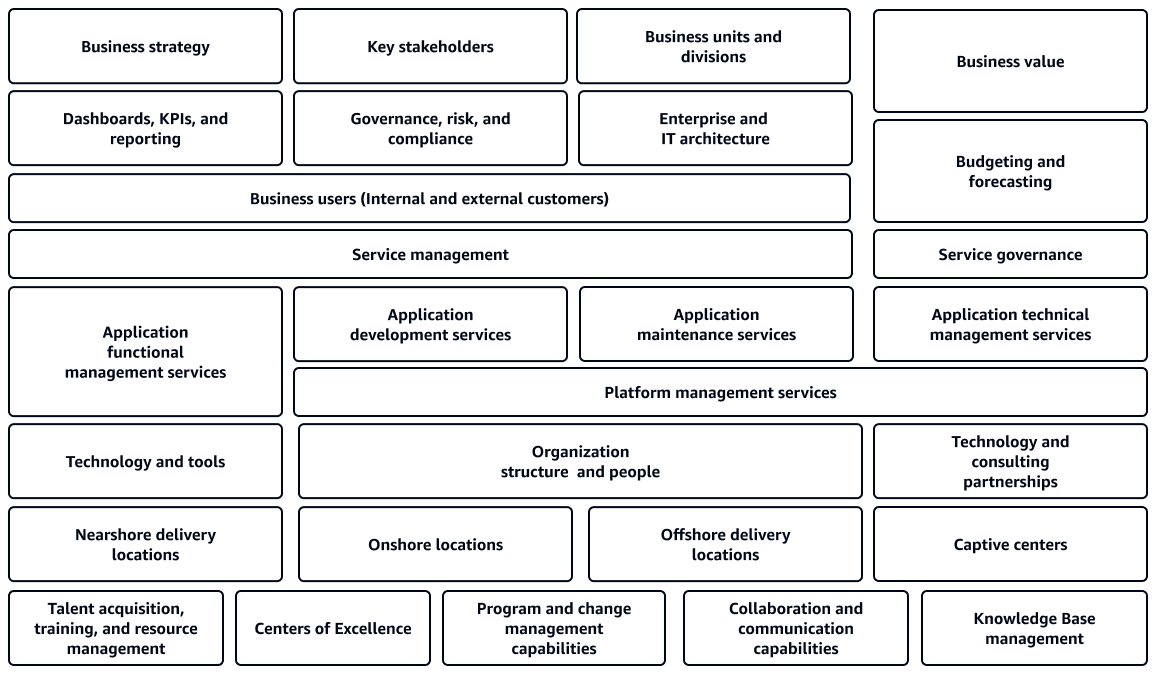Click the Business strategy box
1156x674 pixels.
click(145, 46)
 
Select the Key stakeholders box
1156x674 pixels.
click(431, 46)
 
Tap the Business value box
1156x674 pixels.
click(1010, 61)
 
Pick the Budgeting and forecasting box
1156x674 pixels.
click(1010, 171)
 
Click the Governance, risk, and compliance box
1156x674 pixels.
click(431, 128)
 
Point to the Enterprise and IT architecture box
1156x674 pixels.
click(715, 128)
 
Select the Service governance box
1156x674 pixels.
click(1010, 254)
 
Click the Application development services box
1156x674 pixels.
click(431, 324)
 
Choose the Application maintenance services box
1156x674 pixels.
click(717, 324)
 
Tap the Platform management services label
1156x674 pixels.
click(720, 392)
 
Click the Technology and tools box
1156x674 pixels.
click(145, 462)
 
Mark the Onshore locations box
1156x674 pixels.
click(436, 544)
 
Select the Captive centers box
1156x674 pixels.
click(1010, 544)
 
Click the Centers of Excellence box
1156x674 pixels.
click(333, 628)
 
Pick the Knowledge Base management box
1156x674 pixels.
click(1034, 628)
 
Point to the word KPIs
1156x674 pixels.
click(175, 119)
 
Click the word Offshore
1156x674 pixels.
click(692, 535)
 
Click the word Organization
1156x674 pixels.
click(580, 452)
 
